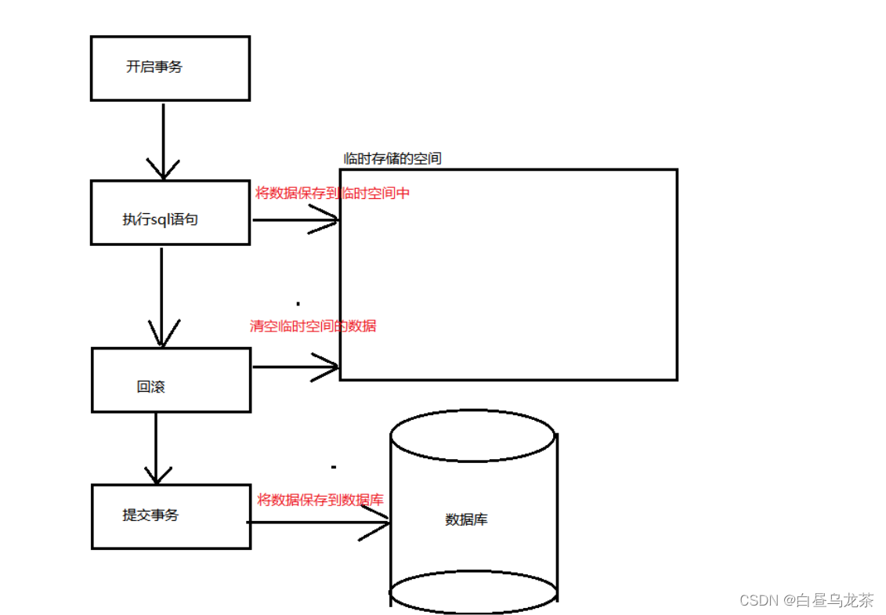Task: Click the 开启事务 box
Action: pyautogui.click(x=170, y=68)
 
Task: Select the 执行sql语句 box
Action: pyautogui.click(x=170, y=212)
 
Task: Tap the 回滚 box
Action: pyautogui.click(x=171, y=380)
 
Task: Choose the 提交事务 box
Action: pyautogui.click(x=171, y=516)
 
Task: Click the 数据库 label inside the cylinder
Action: pyautogui.click(x=467, y=519)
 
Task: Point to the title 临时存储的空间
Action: pyautogui.click(x=392, y=158)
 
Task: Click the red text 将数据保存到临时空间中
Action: pyautogui.click(x=332, y=193)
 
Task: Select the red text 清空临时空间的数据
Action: pyautogui.click(x=313, y=326)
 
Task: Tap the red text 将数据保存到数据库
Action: pyautogui.click(x=320, y=500)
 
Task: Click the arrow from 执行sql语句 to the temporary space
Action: pyautogui.click(x=295, y=220)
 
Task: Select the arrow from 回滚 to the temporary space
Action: pyautogui.click(x=295, y=367)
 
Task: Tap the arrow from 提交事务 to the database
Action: pyautogui.click(x=319, y=523)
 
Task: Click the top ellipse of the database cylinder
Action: pyautogui.click(x=473, y=436)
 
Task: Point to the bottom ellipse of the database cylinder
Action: pyautogui.click(x=473, y=593)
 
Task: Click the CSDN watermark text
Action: pyautogui.click(x=757, y=600)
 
